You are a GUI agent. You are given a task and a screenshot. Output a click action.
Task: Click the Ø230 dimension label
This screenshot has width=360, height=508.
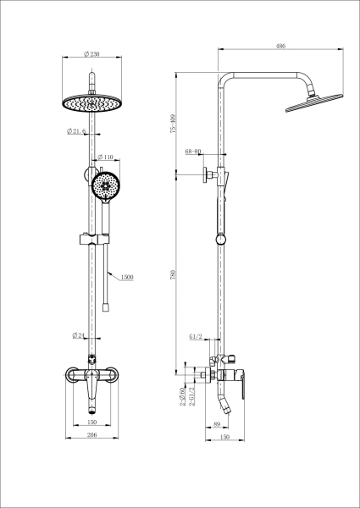coord(92,54)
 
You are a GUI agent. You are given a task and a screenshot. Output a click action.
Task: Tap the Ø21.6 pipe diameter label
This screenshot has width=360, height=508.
coord(77,131)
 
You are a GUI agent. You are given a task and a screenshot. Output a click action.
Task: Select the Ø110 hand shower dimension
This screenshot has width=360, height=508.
coord(106,157)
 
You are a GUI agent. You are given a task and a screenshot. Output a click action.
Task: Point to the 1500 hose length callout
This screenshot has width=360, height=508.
coord(127,277)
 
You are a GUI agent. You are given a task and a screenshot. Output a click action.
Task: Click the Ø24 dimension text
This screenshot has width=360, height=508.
coord(78,336)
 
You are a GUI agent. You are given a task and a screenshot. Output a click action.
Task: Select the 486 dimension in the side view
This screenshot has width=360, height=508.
coord(279,47)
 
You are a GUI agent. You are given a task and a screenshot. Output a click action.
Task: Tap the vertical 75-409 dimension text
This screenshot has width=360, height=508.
coord(173,124)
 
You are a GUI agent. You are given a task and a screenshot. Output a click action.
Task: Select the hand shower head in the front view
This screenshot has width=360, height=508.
coord(107,185)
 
